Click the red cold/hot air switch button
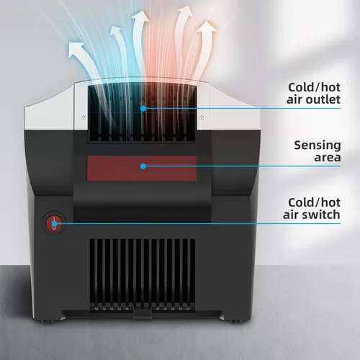54,224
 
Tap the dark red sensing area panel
142,168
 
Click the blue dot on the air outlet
143,109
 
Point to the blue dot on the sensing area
143,166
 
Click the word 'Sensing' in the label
318,146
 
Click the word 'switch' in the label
321,215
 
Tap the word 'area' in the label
328,158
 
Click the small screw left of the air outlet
84,117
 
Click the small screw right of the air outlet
202,117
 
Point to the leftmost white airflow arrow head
76,49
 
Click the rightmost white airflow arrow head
207,28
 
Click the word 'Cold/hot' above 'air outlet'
314,87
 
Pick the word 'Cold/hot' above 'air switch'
314,202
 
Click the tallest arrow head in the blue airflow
140,17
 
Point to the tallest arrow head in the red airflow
185,12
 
